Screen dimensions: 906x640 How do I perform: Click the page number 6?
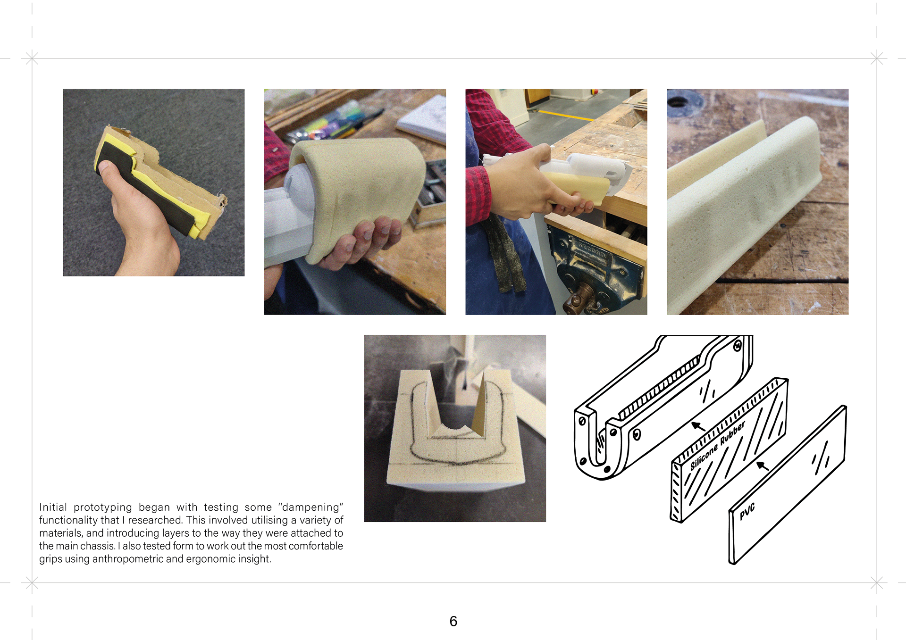[453, 621]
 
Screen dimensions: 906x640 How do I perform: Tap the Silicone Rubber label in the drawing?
[717, 445]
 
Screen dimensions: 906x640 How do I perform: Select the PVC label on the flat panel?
[747, 511]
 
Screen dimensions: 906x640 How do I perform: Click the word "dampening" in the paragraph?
[310, 507]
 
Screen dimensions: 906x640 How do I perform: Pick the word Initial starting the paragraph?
[53, 507]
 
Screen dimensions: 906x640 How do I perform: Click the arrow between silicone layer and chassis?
[698, 427]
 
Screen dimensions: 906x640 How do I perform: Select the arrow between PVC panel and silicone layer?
[763, 466]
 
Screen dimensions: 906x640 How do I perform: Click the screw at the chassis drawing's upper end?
[738, 347]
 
